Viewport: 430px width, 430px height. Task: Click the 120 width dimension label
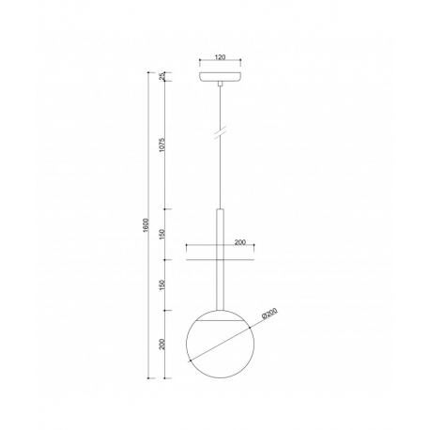221,57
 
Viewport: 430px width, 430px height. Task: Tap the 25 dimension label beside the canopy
161,76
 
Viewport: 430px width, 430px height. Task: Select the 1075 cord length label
161,145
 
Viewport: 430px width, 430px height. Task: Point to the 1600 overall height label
145,225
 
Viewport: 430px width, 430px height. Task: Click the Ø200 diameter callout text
269,314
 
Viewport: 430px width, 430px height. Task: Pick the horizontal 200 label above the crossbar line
240,242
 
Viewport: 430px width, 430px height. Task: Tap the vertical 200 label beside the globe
161,345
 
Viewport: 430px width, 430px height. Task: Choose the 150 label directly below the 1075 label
161,234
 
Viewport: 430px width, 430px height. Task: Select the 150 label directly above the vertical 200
161,284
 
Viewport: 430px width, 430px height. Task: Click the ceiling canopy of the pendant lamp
221,77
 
